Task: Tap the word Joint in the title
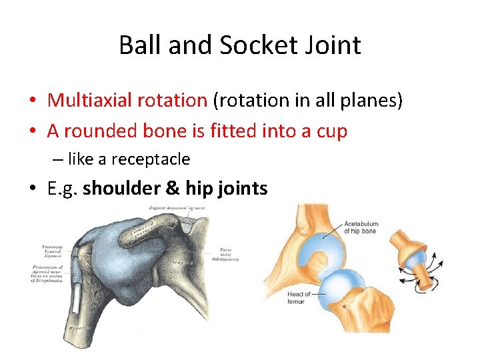[331, 45]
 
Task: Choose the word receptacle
[151, 159]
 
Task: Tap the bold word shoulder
[123, 189]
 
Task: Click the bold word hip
[199, 189]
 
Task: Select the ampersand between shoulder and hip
[173, 189]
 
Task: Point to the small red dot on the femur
[344, 306]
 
